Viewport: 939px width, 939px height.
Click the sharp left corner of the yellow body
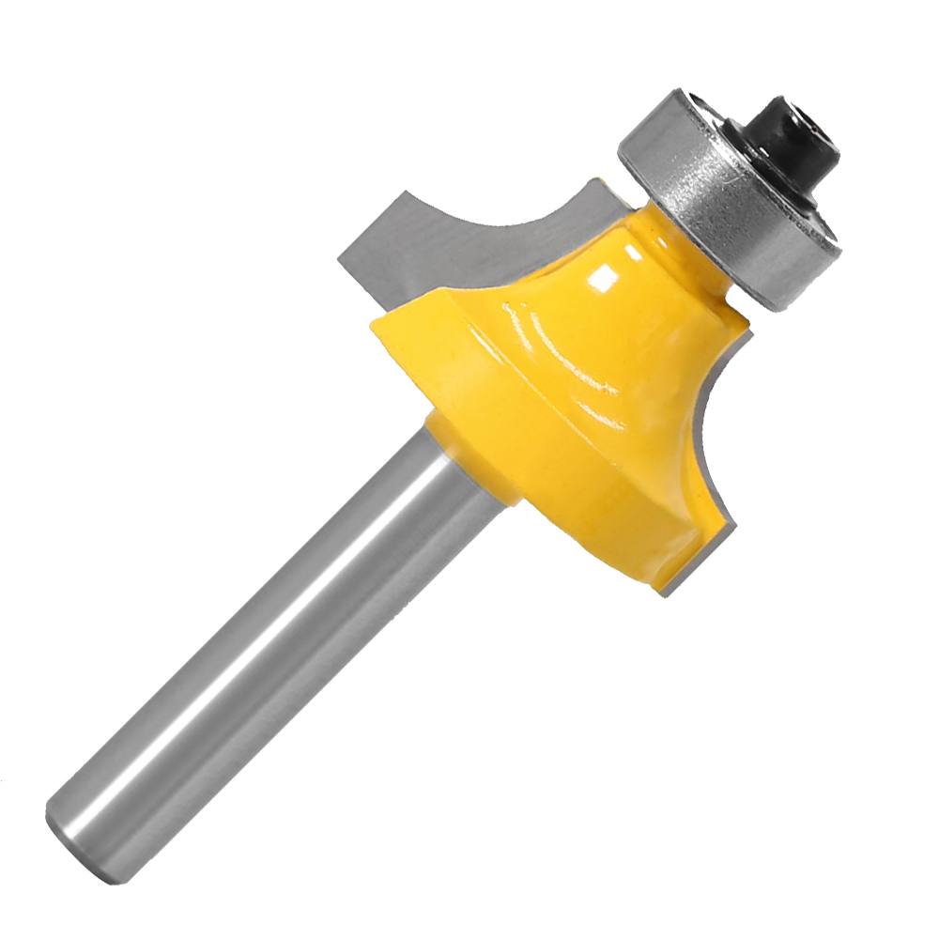(372, 324)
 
